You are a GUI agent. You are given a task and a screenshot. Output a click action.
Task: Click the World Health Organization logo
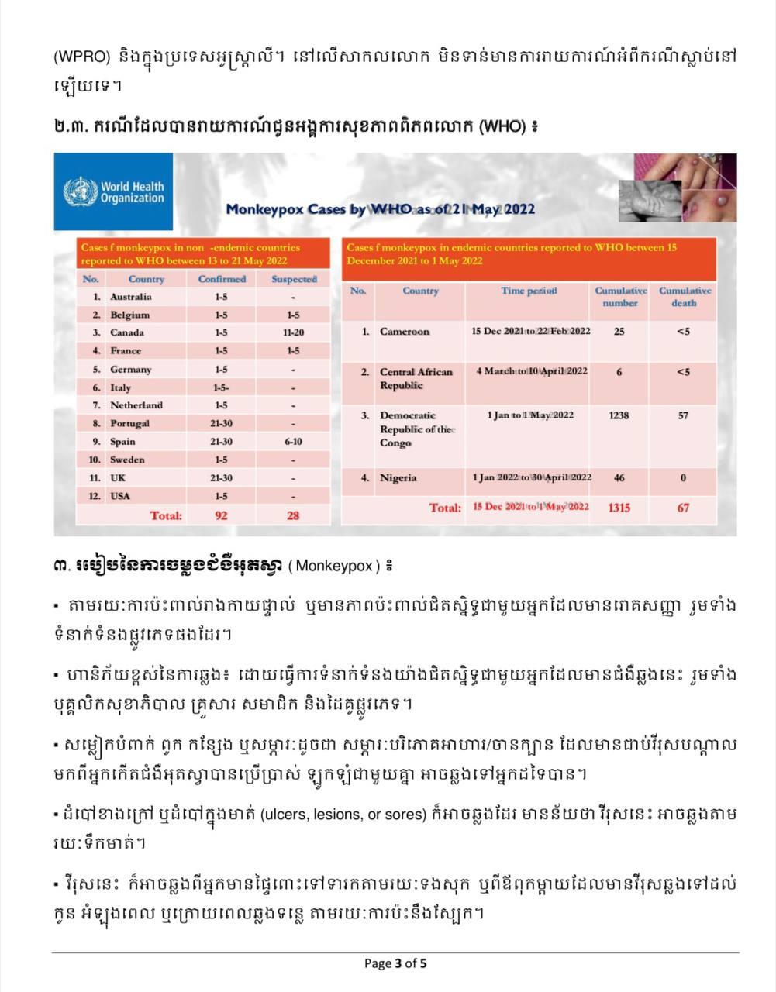tap(113, 192)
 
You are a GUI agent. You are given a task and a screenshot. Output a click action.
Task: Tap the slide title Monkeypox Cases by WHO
tap(380, 209)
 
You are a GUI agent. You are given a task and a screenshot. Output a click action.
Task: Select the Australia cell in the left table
tap(131, 297)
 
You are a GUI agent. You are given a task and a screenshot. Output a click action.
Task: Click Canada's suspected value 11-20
tap(293, 332)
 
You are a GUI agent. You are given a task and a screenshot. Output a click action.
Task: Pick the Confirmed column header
tap(222, 279)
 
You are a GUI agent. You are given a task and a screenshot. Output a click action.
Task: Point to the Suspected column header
tap(294, 279)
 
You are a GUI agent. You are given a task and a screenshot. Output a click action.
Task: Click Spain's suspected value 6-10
tap(293, 442)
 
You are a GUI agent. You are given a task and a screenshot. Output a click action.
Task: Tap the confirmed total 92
tap(221, 515)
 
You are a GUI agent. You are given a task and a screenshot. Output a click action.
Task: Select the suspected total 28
tap(293, 515)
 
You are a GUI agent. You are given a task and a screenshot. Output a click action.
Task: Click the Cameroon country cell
tap(404, 332)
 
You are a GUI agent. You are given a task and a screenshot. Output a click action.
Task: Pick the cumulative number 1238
tap(619, 415)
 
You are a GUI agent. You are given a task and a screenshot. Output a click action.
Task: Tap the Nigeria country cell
tap(398, 478)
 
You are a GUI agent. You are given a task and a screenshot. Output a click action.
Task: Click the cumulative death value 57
tap(683, 415)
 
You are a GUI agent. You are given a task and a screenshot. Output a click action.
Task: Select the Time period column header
tap(529, 291)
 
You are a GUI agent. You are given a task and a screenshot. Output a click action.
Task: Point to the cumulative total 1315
tap(619, 508)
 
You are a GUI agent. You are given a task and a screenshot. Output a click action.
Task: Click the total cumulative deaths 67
tap(683, 508)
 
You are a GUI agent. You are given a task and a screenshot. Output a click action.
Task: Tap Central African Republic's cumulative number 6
tap(619, 372)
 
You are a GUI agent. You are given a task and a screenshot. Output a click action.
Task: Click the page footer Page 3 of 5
tap(395, 963)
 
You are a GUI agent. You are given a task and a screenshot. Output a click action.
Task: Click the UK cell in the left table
tap(118, 478)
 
